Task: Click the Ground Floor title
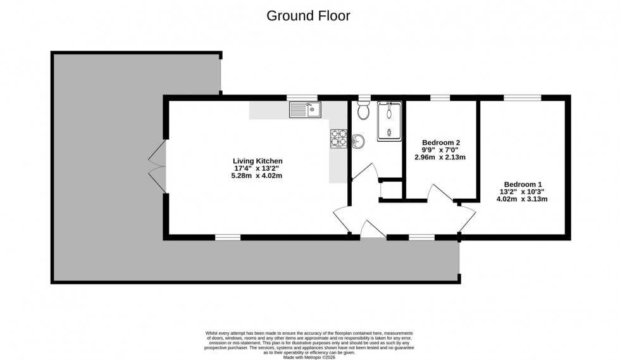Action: [308, 16]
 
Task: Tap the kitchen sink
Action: [305, 110]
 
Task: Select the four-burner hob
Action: [338, 138]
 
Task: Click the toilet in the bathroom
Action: [364, 111]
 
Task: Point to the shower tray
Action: [389, 121]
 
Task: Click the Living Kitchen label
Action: [257, 161]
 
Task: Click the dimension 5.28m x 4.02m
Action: [257, 176]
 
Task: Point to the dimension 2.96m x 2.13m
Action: [440, 158]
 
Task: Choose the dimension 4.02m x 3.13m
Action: [523, 199]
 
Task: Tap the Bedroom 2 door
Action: [442, 194]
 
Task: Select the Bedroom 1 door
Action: [467, 219]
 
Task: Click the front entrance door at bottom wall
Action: [373, 230]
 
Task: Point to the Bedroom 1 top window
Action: [523, 97]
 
